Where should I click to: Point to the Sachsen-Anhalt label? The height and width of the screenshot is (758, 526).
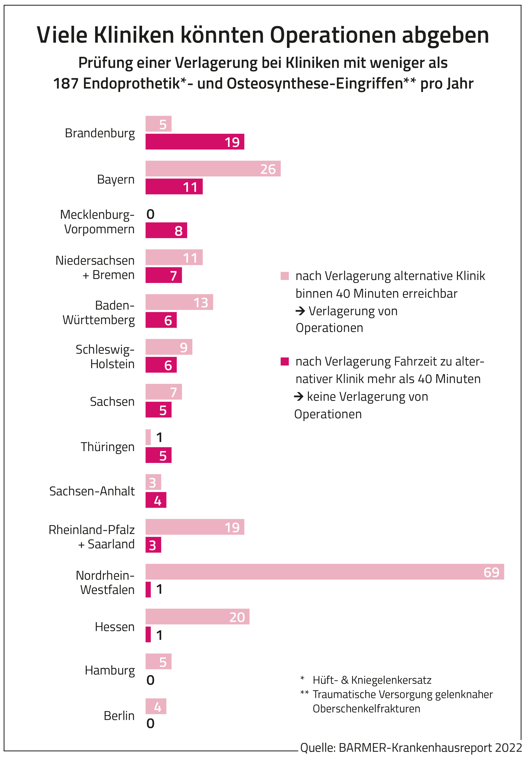coord(92,491)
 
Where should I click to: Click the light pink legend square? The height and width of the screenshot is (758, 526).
coord(284,276)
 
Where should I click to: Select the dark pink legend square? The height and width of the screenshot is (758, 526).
coord(284,361)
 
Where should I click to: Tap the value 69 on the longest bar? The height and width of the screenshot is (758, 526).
coord(491,572)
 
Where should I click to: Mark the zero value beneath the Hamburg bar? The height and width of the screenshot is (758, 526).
coord(150,680)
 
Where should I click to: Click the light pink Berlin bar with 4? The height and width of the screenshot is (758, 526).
coord(156,706)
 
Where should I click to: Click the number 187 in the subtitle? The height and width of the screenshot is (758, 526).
coord(66,84)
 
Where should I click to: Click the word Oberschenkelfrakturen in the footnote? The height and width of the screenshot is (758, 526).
coord(366,708)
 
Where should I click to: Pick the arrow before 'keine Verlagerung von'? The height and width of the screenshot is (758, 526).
coord(299,397)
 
